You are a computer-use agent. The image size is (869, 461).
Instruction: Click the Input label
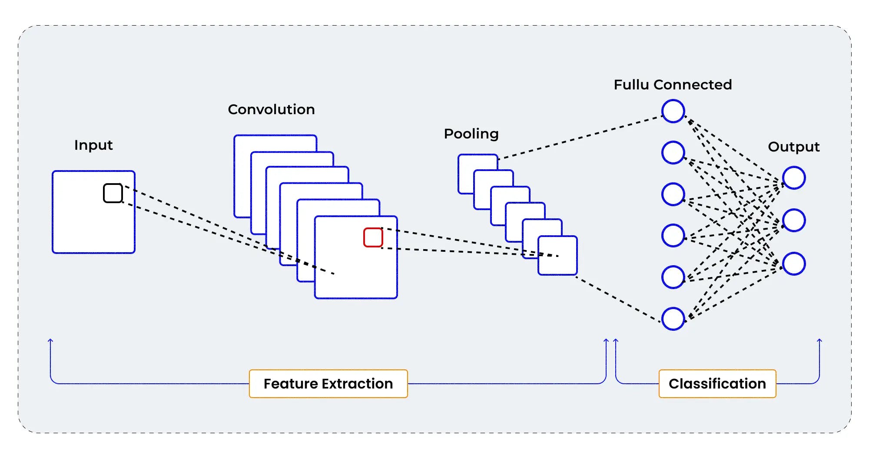[93, 145]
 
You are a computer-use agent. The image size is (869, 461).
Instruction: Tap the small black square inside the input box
[113, 193]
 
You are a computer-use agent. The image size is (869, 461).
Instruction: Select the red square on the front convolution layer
[373, 237]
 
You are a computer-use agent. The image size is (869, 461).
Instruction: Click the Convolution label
[271, 109]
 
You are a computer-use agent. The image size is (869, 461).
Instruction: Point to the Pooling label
[471, 134]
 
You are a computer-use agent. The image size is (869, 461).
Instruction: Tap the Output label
[793, 147]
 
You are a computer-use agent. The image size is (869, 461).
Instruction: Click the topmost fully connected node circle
[673, 111]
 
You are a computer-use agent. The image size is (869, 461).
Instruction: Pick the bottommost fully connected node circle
[673, 319]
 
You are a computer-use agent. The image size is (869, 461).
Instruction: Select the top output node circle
[794, 178]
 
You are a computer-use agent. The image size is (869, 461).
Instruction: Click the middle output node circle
[794, 221]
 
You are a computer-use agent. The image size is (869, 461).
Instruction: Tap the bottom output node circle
[794, 263]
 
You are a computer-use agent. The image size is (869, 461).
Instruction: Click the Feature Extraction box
[328, 384]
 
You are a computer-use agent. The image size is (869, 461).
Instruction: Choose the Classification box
[717, 384]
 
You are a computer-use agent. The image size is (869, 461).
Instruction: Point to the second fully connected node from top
[673, 152]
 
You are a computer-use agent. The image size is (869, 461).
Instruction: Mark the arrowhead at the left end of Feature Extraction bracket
[50, 341]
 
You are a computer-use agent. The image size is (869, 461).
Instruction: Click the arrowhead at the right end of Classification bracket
[819, 341]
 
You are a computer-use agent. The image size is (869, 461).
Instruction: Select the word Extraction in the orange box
[357, 384]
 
